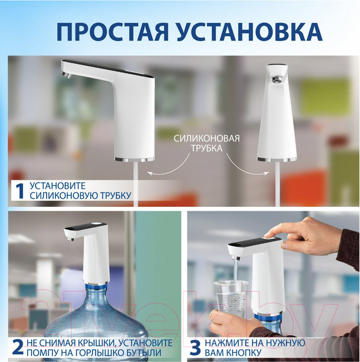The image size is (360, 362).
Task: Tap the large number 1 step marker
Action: coord(19,191)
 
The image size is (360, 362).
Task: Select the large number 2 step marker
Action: coord(19,348)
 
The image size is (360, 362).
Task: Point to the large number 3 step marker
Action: coord(197,348)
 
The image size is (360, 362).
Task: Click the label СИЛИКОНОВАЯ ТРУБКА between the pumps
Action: coord(207,143)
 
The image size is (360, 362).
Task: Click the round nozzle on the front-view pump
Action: coord(277,79)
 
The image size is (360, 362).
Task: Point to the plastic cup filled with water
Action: coord(231,296)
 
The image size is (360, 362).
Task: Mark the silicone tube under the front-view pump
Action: coord(277,184)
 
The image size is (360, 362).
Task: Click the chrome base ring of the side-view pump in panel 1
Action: coord(134,159)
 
